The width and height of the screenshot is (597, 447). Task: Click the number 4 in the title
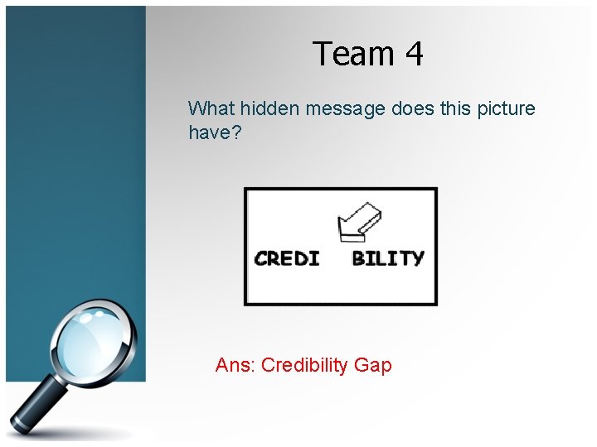[414, 55]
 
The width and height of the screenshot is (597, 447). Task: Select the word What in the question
[211, 108]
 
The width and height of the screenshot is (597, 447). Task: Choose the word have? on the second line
[214, 132]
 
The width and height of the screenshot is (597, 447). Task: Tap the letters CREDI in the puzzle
[287, 258]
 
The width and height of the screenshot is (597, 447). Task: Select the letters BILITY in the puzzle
[387, 258]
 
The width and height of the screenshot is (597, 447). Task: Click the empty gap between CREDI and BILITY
[336, 258]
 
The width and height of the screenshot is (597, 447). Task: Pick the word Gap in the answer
[372, 365]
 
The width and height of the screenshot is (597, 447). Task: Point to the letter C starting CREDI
[261, 258]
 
